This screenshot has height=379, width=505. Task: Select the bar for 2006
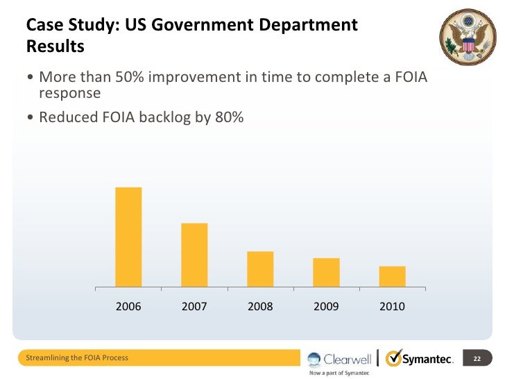click(128, 237)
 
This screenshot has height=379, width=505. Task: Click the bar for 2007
click(194, 255)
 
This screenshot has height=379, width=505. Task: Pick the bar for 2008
click(260, 269)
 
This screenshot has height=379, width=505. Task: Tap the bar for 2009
click(326, 272)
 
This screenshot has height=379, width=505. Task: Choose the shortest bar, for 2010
click(392, 276)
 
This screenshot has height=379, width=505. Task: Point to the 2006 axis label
click(128, 306)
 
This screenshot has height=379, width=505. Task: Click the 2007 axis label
click(194, 306)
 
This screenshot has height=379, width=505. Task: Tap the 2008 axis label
click(260, 306)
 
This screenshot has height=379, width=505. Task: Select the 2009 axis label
click(326, 306)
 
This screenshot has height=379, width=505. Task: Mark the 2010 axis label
click(392, 306)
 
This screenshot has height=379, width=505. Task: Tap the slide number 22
click(477, 359)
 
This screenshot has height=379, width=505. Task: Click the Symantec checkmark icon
click(393, 358)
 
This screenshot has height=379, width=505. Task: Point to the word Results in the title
click(55, 47)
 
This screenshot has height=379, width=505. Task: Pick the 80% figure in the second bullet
click(228, 117)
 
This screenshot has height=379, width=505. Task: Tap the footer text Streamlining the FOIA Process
click(76, 358)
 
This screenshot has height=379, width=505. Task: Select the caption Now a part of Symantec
click(339, 373)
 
